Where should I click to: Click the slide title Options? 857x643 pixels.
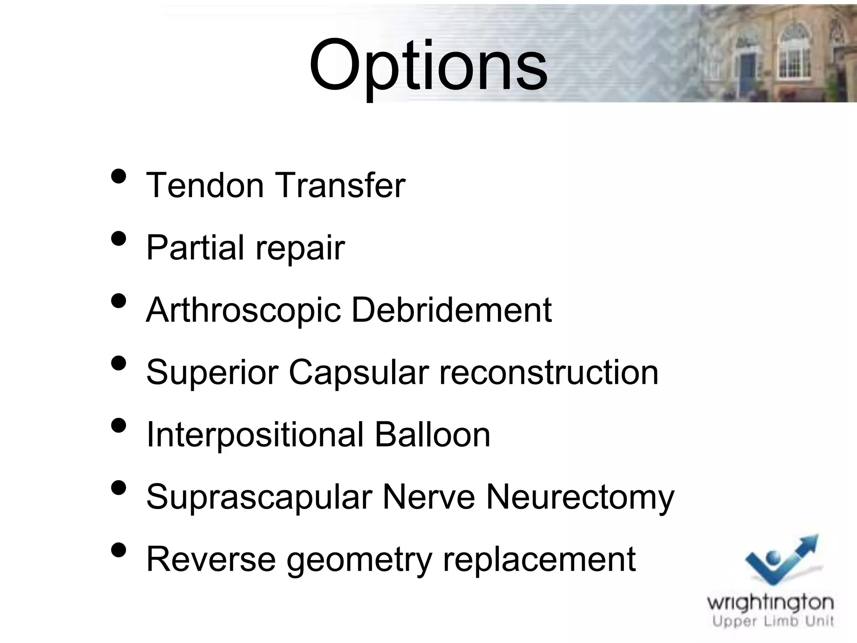tap(428, 66)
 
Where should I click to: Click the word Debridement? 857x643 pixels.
tap(452, 310)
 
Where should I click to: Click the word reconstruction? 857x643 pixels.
tap(549, 372)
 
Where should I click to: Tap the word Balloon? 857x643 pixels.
tap(432, 435)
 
